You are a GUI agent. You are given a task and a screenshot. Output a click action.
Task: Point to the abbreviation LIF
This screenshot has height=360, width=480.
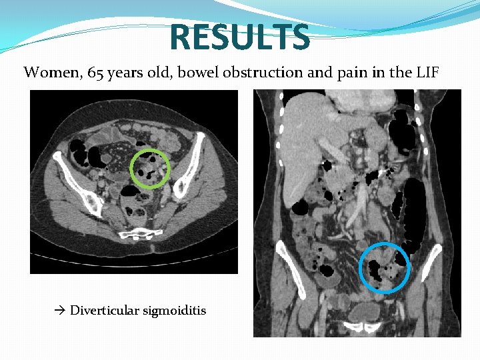[x=427, y=72]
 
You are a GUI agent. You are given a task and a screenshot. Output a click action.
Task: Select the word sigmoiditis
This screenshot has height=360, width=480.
[x=174, y=310]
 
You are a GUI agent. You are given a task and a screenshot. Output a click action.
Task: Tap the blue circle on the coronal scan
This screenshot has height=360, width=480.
[x=385, y=267]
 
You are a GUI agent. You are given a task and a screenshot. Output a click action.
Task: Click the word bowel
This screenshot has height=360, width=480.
[x=199, y=72]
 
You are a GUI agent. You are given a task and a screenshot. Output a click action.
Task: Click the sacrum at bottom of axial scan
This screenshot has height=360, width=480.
[x=139, y=233]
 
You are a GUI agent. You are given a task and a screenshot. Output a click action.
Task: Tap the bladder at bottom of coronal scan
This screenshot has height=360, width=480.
[x=365, y=311]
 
